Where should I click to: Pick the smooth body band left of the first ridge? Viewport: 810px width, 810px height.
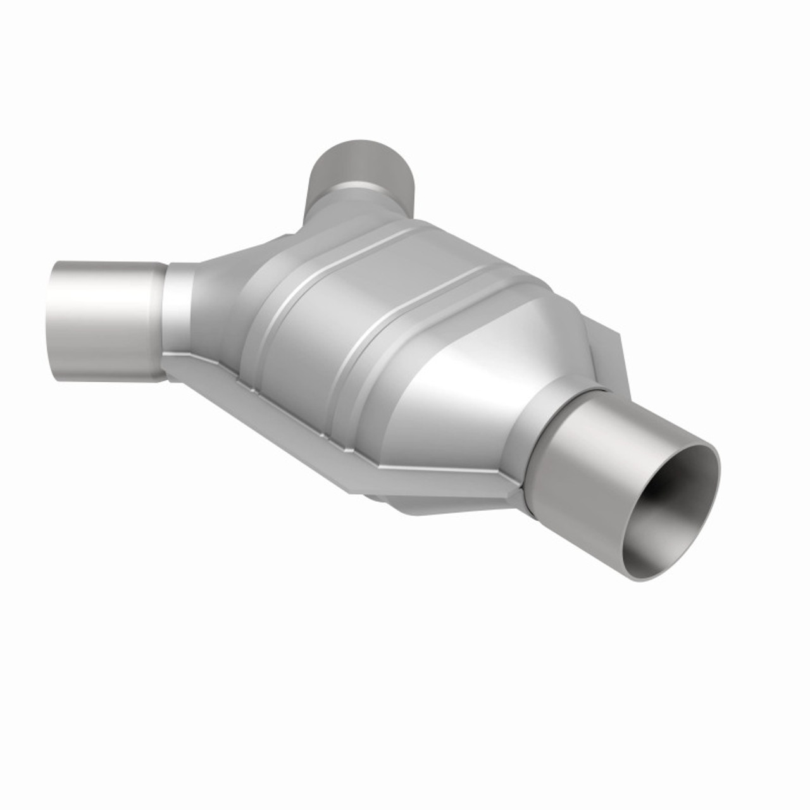(x=253, y=285)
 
